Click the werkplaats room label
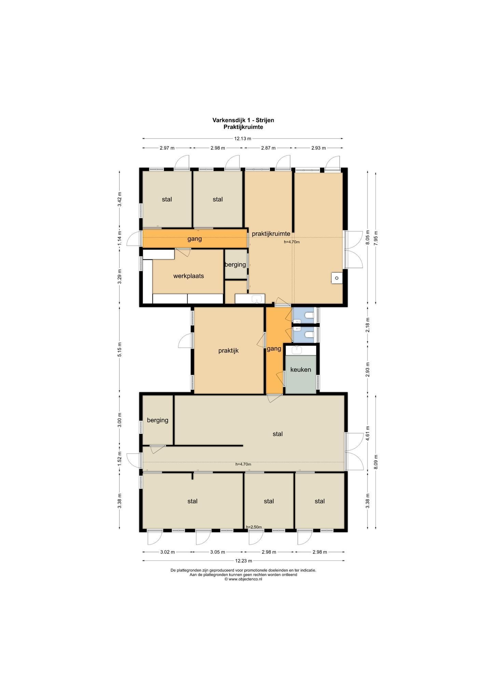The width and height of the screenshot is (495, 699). pos(189,276)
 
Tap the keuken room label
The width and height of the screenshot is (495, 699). pos(301,370)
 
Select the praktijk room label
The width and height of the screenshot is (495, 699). pos(229,351)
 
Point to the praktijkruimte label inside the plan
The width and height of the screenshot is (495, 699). pos(271,234)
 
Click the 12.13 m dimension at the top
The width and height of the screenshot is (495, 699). pos(243,139)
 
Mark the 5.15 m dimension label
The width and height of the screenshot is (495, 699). pos(120,349)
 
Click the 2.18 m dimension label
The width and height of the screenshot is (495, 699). pos(368,325)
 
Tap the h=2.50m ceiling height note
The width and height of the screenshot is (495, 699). pos(254,527)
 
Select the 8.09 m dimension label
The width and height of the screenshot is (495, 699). pos(376,462)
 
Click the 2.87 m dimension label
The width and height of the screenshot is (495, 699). pos(268,148)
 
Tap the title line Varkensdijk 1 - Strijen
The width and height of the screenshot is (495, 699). pos(243,120)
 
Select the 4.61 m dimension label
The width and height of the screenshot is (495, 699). pos(368,433)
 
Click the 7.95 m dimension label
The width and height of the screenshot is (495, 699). pos(376,238)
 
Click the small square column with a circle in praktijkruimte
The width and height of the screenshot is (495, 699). pos(336,278)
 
